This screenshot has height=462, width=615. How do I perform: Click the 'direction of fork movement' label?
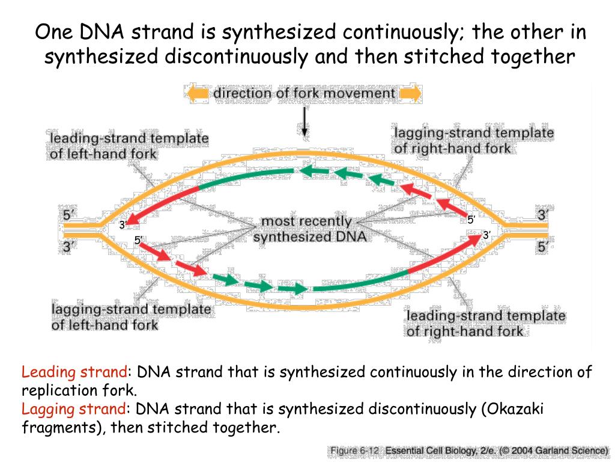click(304, 93)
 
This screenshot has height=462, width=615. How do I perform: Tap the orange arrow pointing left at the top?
click(197, 94)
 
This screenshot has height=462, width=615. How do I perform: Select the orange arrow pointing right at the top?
click(410, 94)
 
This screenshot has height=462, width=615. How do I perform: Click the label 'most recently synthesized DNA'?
click(309, 229)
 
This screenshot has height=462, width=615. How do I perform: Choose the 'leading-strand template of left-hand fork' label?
click(129, 146)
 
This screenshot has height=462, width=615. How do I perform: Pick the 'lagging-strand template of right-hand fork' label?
click(473, 140)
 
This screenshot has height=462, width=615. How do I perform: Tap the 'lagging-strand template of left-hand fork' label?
click(131, 317)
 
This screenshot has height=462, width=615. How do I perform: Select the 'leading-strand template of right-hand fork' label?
click(485, 323)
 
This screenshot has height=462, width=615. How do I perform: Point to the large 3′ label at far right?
click(543, 215)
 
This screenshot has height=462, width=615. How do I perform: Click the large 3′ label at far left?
click(70, 247)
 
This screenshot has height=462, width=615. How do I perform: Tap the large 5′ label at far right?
click(543, 247)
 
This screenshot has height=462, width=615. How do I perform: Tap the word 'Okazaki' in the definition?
click(516, 410)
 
